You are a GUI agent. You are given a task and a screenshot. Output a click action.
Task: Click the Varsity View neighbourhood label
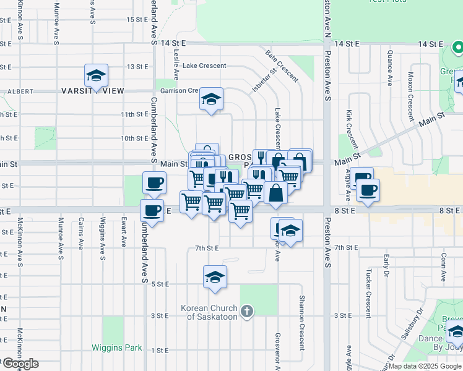pos(93,91)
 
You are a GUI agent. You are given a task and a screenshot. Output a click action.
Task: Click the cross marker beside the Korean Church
pos(246,311)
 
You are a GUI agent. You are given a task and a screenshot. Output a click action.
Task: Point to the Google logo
pos(20,364)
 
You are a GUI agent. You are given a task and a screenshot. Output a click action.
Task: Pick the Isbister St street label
pos(262,82)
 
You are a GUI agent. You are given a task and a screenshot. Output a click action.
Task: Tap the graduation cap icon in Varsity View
pos(96,75)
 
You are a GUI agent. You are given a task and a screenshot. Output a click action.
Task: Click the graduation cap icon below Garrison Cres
pos(211,99)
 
